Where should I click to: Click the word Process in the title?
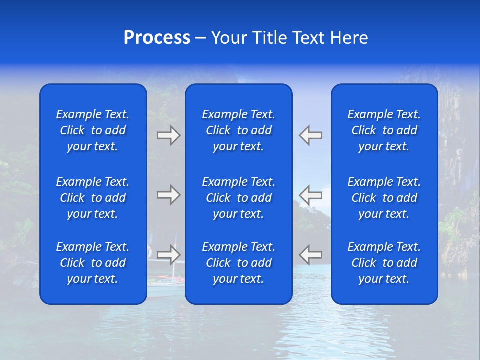157,38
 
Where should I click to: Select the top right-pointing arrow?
169,135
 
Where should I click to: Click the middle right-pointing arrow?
169,195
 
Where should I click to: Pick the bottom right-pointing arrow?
169,254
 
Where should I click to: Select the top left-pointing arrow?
310,135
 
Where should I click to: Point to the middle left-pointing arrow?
310,195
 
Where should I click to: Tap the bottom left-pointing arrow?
310,254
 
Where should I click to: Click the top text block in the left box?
93,130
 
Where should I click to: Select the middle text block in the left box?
93,198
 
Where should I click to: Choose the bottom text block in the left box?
93,263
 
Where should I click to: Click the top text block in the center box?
238,130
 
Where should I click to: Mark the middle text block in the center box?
238,198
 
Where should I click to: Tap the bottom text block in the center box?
238,263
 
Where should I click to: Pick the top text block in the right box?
384,130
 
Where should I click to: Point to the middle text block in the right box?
384,198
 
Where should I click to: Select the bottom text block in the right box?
384,263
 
